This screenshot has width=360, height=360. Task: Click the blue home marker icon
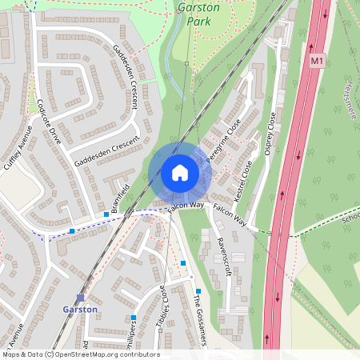point(180,173)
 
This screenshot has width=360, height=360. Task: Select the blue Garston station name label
point(80,309)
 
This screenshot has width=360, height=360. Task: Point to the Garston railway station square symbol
point(80,297)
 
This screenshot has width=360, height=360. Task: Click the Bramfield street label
point(121,193)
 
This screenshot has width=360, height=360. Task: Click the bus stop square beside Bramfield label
point(106,214)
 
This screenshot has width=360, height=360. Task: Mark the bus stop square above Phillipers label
point(134,318)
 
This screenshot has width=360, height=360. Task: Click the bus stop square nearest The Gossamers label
point(198,291)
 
